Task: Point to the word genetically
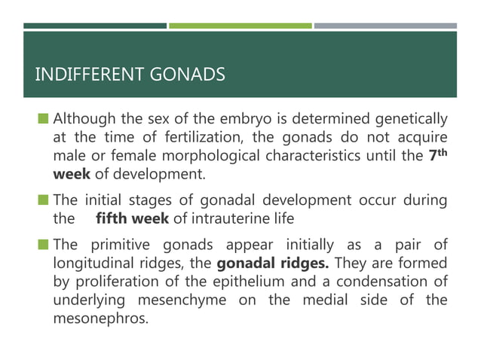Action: tap(412, 119)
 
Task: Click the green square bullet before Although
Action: tap(44, 119)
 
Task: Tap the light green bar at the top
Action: tap(240, 26)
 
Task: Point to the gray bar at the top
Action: tap(385, 26)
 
